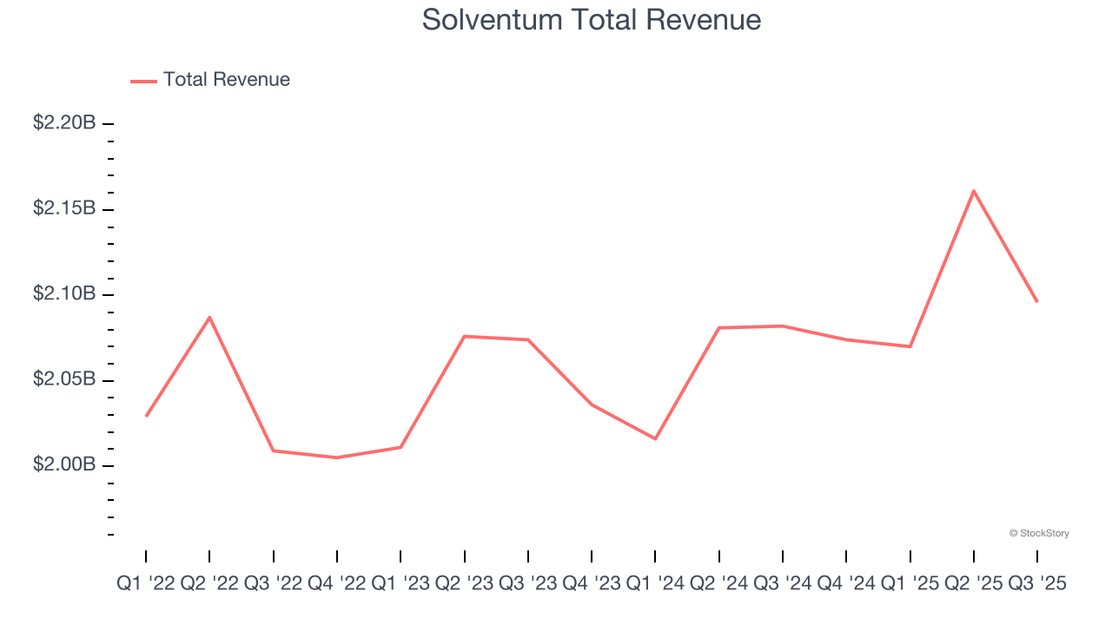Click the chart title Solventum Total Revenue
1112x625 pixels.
591,20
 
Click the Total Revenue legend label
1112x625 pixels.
226,80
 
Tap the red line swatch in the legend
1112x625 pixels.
143,81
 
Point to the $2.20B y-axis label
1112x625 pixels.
64,123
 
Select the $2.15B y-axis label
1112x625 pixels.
64,208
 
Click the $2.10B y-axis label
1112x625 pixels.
64,294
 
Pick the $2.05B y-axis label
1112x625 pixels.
64,379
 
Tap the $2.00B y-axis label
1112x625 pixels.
64,465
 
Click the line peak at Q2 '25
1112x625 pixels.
974,190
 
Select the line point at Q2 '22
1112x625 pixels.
209,317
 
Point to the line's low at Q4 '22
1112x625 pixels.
337,457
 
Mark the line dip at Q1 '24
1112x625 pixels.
655,438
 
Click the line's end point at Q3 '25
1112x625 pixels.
1037,301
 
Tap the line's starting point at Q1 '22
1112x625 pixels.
146,416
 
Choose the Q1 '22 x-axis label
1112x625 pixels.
146,584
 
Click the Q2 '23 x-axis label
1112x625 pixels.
464,584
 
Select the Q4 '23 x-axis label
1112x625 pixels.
592,584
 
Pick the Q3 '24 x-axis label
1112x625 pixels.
783,584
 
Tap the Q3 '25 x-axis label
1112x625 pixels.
1037,584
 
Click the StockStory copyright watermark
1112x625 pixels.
1039,533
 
